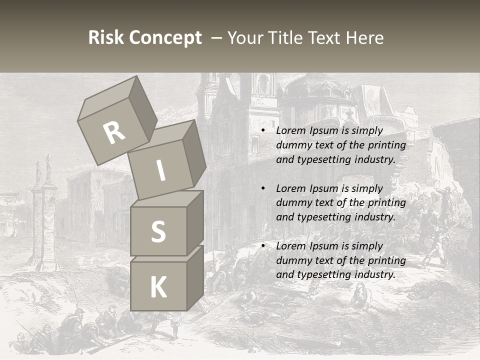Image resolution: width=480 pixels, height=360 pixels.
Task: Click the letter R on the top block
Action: click(x=114, y=133)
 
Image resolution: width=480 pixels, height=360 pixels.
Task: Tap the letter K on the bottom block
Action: click(x=158, y=287)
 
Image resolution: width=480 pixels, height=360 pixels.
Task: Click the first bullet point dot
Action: click(x=263, y=131)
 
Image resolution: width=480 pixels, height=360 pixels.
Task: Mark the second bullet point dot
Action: click(x=263, y=189)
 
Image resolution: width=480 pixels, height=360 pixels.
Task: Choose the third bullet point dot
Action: click(x=263, y=246)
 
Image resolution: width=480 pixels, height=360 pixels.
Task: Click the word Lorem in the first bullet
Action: click(x=290, y=131)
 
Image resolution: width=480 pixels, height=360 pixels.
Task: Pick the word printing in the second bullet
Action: click(x=386, y=203)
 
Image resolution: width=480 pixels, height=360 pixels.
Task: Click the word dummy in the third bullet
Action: click(x=292, y=260)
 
